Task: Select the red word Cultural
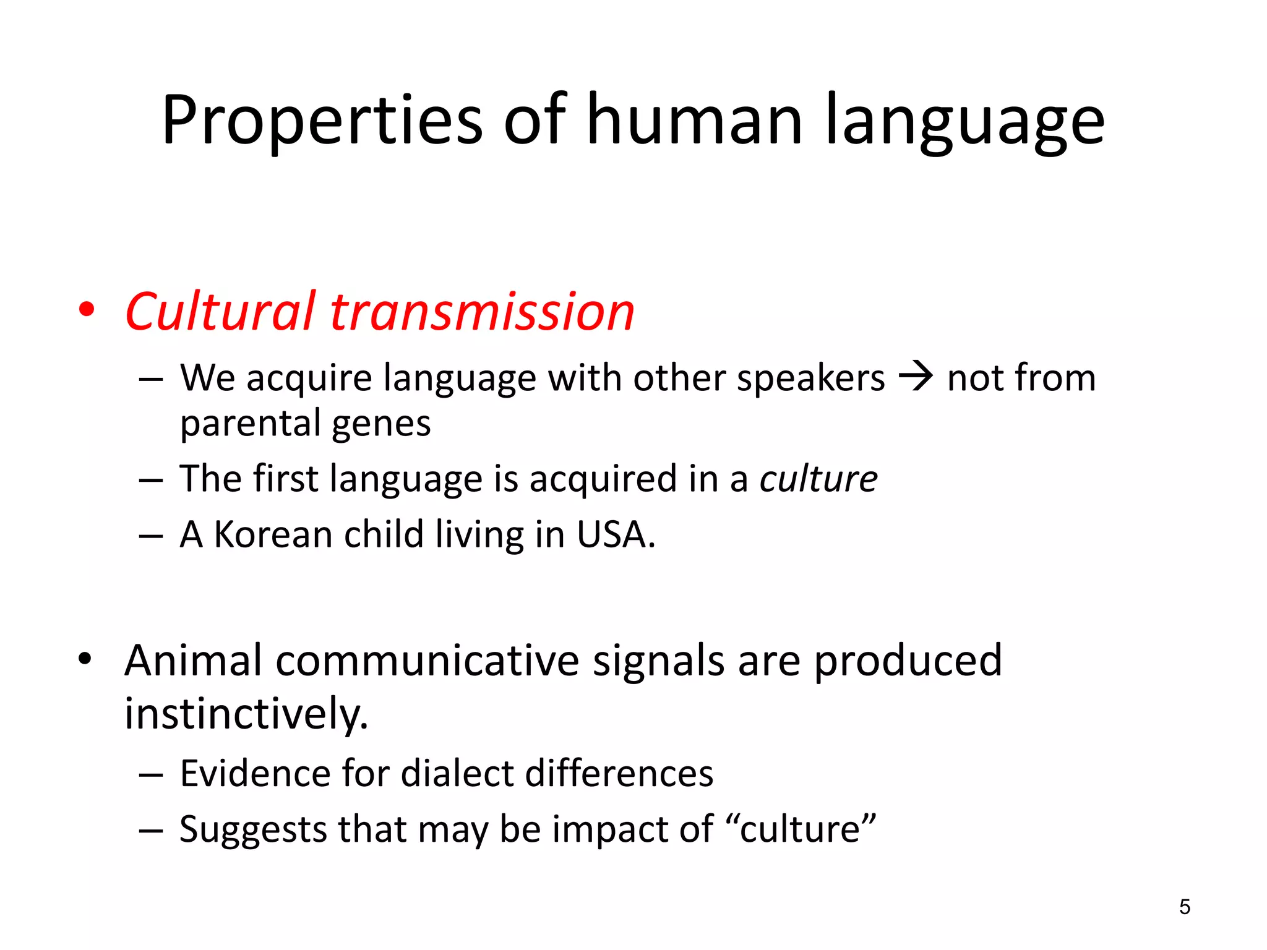[x=220, y=312]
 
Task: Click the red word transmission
[x=482, y=312]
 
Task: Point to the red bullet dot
[x=87, y=310]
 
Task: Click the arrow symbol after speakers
[x=916, y=377]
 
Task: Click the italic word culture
[x=818, y=479]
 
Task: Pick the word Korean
[x=272, y=534]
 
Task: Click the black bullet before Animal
[x=85, y=659]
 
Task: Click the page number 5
[x=1184, y=907]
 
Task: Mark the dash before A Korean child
[x=151, y=536]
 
